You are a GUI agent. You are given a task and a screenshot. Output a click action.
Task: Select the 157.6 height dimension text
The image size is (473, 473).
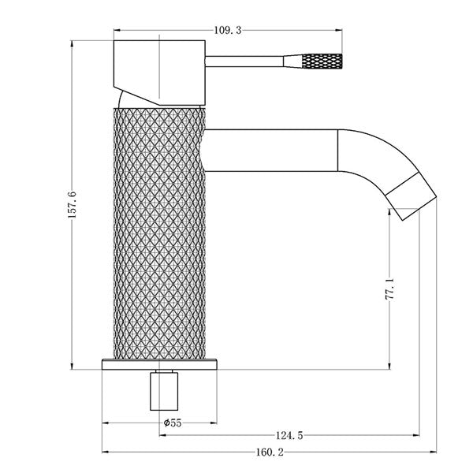pos(73,206)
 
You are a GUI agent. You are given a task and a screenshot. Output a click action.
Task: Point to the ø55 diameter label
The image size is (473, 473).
pos(172,423)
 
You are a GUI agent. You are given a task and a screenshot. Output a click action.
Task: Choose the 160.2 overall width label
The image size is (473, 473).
pos(269,453)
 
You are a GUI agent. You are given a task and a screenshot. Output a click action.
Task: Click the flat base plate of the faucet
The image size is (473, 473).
pos(160,364)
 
